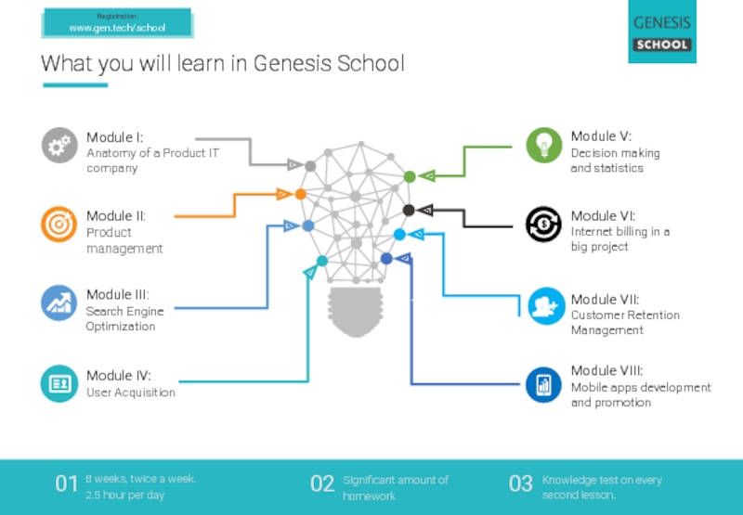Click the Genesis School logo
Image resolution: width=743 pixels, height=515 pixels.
tap(661, 32)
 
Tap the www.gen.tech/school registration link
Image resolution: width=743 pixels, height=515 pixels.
tap(117, 28)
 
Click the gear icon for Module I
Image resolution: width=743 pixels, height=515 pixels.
tap(59, 145)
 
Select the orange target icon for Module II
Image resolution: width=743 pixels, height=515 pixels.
tap(59, 224)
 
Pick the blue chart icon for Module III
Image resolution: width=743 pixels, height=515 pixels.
tap(59, 303)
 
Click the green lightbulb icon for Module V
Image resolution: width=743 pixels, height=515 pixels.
tap(543, 145)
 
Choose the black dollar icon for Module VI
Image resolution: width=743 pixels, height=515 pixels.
tap(543, 224)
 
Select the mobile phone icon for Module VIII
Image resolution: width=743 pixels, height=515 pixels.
tap(543, 384)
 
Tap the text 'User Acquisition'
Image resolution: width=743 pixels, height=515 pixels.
tap(131, 393)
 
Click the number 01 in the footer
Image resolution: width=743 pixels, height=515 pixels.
tap(66, 483)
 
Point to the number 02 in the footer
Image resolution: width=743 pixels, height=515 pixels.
tap(321, 483)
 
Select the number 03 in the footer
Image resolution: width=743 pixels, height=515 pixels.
tap(520, 483)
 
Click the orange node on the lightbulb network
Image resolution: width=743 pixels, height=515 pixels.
tap(301, 194)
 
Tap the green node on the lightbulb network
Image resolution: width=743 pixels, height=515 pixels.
tap(410, 176)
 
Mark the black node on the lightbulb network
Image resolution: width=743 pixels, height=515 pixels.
tap(409, 211)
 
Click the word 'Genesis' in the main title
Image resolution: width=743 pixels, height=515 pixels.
tap(293, 64)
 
